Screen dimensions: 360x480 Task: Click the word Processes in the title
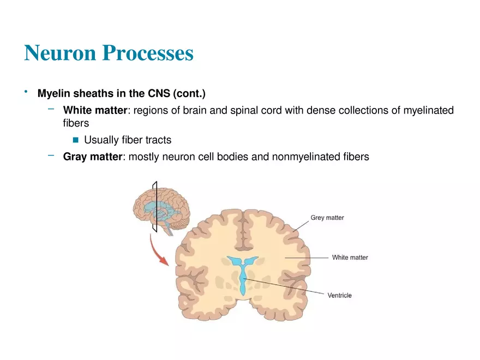point(148,53)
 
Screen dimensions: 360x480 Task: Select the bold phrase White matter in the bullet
point(95,111)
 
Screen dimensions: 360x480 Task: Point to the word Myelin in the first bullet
point(53,93)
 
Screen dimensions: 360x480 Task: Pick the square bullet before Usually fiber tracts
point(75,140)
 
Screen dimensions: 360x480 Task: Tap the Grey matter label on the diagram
point(327,218)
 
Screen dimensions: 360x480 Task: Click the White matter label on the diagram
point(350,257)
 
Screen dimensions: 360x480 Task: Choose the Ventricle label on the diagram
point(339,296)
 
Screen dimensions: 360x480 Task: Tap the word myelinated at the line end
point(428,111)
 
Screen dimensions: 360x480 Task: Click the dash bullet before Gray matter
point(51,155)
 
